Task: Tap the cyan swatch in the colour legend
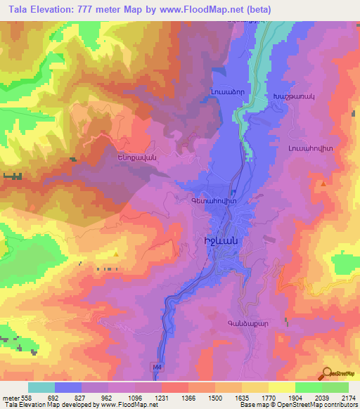(x=41, y=387)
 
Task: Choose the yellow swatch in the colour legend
(x=281, y=387)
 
